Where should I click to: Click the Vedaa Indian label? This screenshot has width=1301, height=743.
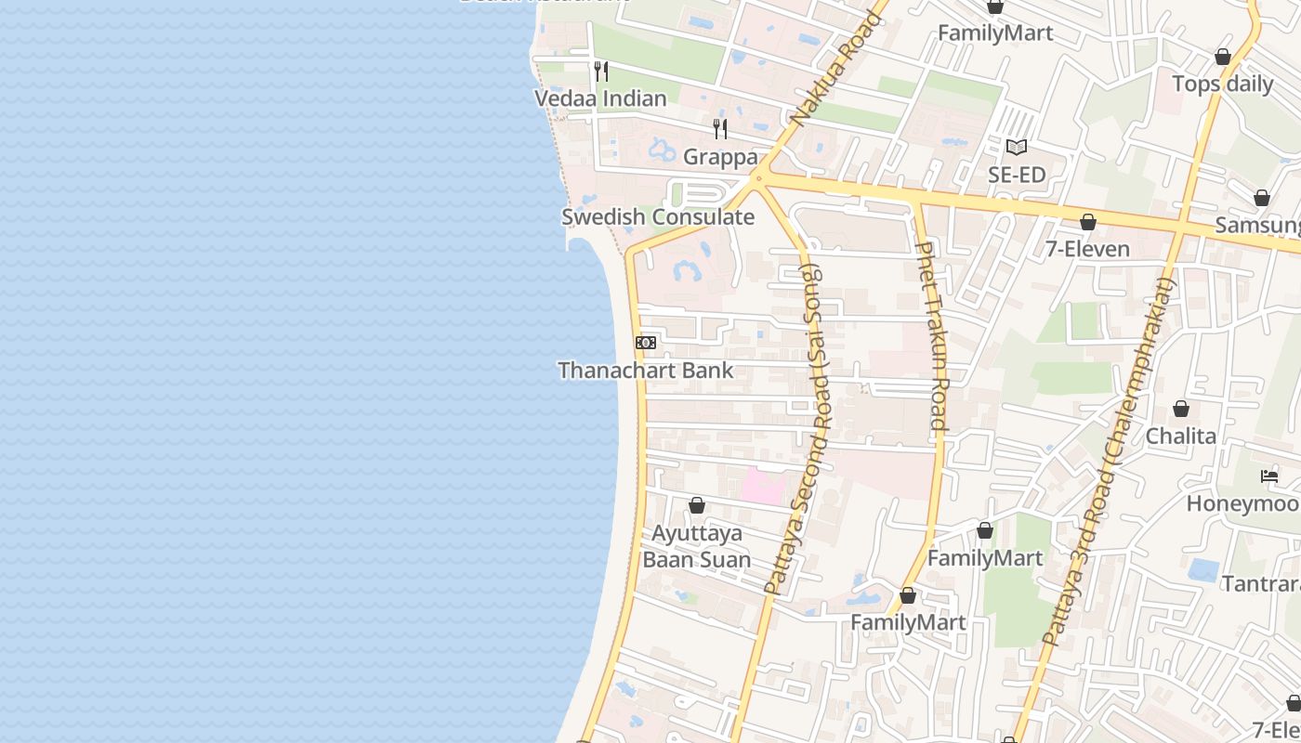[600, 98]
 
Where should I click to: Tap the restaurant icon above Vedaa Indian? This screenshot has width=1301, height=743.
[601, 72]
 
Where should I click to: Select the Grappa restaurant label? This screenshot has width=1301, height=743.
[720, 157]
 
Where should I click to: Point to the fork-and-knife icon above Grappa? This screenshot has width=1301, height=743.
[720, 129]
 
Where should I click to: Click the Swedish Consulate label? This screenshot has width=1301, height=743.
[658, 217]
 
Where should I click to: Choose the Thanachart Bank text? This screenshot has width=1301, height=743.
[646, 371]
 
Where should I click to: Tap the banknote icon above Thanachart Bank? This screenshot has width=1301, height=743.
[646, 343]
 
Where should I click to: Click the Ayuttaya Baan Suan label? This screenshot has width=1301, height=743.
[697, 547]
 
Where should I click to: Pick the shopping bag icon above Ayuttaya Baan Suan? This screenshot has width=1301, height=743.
[697, 505]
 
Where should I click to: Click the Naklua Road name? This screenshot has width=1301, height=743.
[835, 70]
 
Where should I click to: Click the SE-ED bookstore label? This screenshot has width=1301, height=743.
[1017, 175]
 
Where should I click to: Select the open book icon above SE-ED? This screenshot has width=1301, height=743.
[1017, 147]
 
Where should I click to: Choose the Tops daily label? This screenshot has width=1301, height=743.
[1222, 84]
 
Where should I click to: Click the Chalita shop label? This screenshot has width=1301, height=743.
[1180, 436]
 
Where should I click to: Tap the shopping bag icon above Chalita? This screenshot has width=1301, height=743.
[1180, 409]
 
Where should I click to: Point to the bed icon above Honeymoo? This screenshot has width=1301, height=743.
[1269, 476]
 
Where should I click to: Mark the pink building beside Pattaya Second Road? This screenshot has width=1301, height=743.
[762, 488]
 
